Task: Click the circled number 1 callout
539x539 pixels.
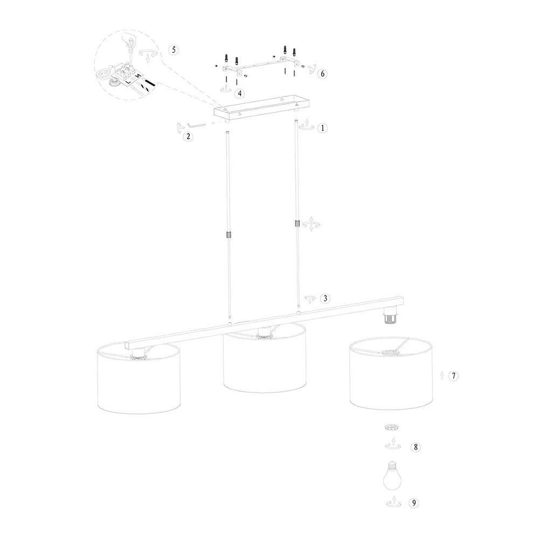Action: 322,128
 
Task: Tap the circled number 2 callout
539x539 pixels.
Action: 188,136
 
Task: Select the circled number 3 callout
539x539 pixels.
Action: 325,299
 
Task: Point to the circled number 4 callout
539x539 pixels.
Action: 240,93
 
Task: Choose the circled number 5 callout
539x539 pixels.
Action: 174,50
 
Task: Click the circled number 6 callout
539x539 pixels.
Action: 322,73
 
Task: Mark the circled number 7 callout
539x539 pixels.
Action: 453,376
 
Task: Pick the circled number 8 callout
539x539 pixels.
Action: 416,447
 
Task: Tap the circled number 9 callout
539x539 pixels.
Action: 414,503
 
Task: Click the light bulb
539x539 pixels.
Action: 392,476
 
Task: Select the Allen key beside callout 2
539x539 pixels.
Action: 196,125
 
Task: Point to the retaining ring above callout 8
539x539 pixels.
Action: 392,427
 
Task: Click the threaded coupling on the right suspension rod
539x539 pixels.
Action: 297,224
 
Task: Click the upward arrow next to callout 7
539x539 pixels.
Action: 442,376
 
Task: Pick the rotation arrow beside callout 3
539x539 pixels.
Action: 310,299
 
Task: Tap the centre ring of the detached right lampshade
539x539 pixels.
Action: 390,352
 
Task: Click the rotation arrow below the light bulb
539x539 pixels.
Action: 393,502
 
